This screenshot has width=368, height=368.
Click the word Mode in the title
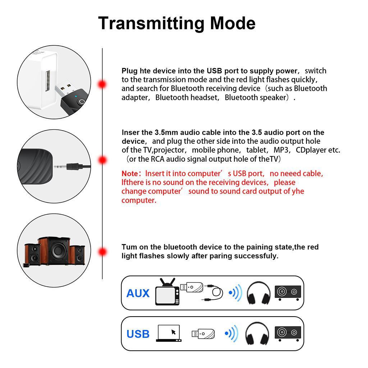coord(233,23)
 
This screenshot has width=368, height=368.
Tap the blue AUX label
coord(138,293)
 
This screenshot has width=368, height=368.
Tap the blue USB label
coord(138,334)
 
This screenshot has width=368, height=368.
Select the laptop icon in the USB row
coord(169,333)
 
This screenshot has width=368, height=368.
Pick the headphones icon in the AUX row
coord(259,293)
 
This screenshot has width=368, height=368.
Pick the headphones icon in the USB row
coord(257,333)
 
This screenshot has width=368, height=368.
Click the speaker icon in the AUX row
coord(287,293)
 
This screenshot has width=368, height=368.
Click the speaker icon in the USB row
coord(287,333)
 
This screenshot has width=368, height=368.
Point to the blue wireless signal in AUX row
coord(236,293)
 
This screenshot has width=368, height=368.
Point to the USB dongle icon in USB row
coord(203,334)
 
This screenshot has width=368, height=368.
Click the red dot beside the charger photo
coord(102,84)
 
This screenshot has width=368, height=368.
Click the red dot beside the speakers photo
coord(103,252)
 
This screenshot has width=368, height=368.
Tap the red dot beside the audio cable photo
coord(102,160)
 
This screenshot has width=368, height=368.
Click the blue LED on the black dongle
coord(76,96)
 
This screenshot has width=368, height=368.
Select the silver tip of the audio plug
coord(60,166)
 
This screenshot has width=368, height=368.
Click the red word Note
coord(129,174)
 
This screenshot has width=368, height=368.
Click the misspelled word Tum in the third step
coord(128,247)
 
